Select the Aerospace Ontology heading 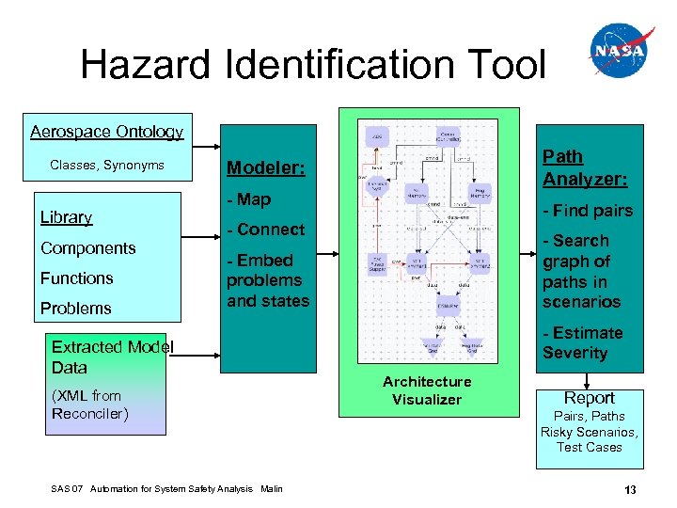[x=106, y=132]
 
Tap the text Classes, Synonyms [x=107, y=166]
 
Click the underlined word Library [x=66, y=217]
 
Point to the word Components [x=87, y=248]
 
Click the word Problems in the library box [x=75, y=309]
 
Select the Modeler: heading [x=267, y=168]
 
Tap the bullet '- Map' [x=248, y=199]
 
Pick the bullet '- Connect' [x=265, y=230]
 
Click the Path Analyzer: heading [x=584, y=167]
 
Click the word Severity [x=575, y=353]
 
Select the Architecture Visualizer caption [x=427, y=390]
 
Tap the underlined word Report [x=590, y=398]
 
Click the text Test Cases [x=590, y=448]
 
